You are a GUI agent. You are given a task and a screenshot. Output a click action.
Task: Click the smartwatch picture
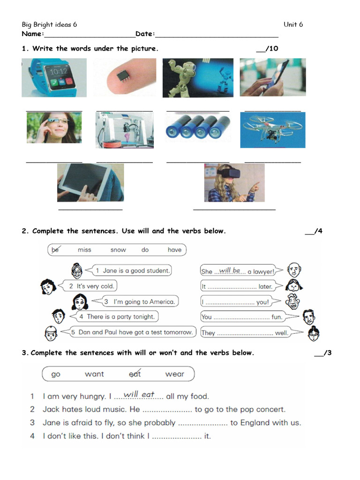[54, 77]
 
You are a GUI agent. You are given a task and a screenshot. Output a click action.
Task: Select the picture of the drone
[272, 130]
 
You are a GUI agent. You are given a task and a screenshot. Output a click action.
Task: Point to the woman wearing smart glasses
[54, 127]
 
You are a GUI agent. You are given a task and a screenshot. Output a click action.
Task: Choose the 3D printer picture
[124, 130]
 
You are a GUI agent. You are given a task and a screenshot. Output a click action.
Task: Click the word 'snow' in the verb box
[118, 250]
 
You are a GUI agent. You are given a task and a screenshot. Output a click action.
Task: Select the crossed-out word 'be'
[55, 250]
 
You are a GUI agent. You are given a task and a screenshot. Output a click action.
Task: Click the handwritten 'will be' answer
[230, 270]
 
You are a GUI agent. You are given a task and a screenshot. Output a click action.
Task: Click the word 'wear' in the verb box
[174, 374]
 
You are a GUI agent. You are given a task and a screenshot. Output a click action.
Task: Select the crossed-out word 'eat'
[135, 374]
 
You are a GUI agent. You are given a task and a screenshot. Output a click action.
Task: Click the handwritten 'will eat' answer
[139, 395]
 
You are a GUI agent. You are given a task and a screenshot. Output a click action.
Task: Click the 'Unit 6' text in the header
[293, 24]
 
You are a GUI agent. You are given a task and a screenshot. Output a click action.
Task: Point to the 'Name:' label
[33, 34]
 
